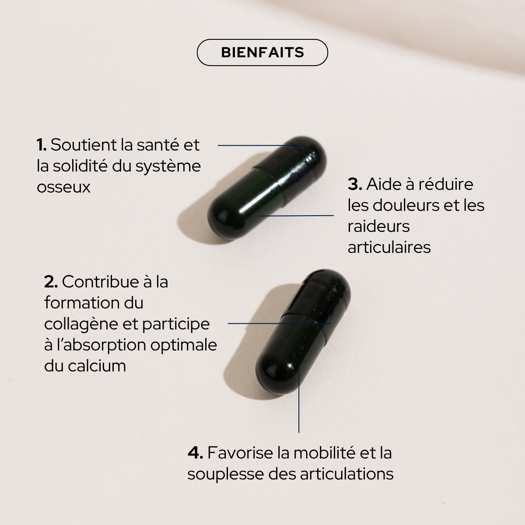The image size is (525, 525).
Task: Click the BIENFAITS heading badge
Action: [262, 52]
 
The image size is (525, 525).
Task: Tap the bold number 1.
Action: [42, 145]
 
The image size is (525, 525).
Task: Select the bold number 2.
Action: [51, 282]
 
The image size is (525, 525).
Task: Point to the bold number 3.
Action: [355, 184]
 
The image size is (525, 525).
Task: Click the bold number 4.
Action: [195, 452]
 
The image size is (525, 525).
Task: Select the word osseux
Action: [63, 187]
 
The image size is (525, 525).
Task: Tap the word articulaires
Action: [389, 247]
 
